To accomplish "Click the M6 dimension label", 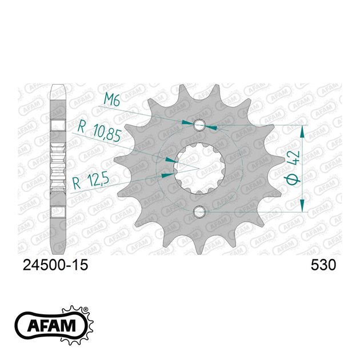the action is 112,99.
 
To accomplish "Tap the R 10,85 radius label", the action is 99,131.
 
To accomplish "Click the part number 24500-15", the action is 55,265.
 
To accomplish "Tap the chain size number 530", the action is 323,265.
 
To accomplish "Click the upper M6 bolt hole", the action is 199,125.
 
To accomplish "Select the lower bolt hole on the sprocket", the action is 199,212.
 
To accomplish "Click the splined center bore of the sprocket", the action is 199,169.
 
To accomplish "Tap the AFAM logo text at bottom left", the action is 51,326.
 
